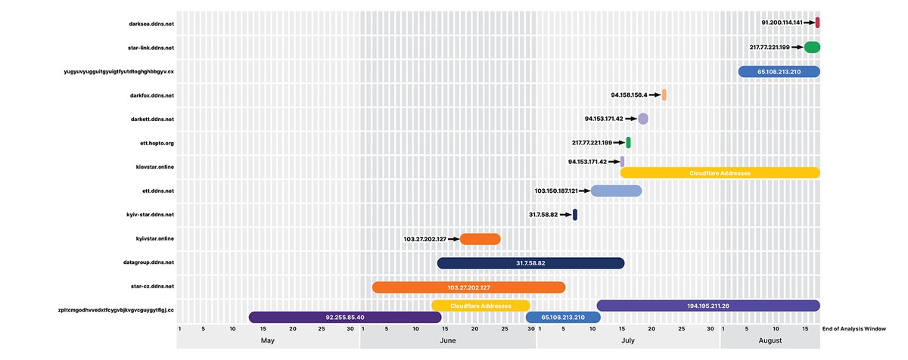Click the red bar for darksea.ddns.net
[x=818, y=23]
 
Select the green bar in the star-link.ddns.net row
[x=812, y=47]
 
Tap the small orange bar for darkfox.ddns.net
[x=664, y=95]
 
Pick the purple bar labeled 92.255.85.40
[x=345, y=318]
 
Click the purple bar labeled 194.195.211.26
[x=708, y=306]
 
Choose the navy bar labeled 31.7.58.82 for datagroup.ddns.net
[x=530, y=263]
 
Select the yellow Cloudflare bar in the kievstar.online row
[x=720, y=173]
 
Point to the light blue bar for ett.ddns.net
[x=616, y=191]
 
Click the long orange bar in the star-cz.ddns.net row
[x=468, y=287]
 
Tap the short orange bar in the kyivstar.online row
[x=480, y=239]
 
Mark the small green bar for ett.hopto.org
[x=628, y=142]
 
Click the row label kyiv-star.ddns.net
[x=151, y=215]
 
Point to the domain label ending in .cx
[x=120, y=71]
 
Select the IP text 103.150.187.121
[x=556, y=191]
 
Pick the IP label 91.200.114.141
[x=782, y=23]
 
